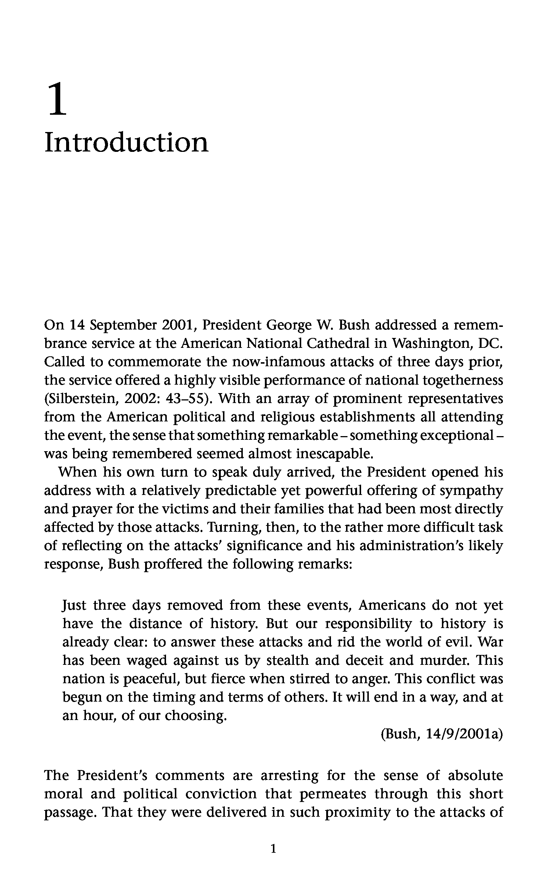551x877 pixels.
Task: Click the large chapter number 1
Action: click(x=58, y=99)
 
